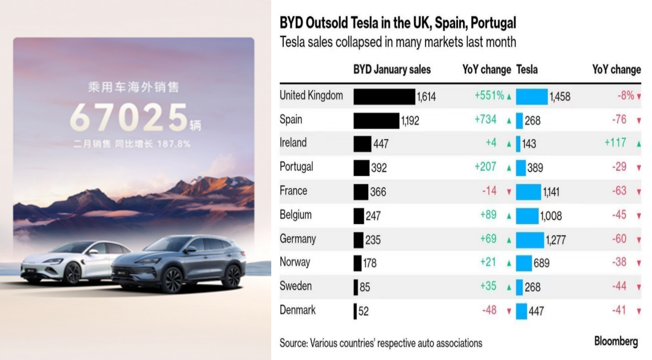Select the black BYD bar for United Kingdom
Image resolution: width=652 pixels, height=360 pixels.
(384, 97)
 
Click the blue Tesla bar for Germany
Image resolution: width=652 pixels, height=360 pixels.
(530, 240)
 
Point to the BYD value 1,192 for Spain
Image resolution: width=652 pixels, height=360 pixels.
(410, 120)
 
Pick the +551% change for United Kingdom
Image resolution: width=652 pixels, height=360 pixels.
(489, 96)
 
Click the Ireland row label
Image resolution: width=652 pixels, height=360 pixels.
(293, 143)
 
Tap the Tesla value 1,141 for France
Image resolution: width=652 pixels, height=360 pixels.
(551, 192)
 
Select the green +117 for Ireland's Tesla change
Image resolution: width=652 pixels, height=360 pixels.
(615, 143)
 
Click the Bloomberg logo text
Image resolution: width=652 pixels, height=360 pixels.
(616, 341)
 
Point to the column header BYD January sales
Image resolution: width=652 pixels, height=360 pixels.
(392, 69)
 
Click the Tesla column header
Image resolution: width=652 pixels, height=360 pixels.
(527, 69)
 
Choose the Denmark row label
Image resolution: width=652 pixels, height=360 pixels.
(297, 310)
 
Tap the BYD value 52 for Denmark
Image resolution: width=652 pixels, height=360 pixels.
(363, 311)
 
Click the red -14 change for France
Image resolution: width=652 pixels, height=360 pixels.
(489, 191)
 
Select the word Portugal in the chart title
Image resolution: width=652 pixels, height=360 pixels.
(493, 23)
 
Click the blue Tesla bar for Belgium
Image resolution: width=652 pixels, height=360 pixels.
(527, 216)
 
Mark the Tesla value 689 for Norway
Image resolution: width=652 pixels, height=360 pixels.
(541, 263)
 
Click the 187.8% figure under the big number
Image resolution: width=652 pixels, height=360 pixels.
(174, 144)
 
